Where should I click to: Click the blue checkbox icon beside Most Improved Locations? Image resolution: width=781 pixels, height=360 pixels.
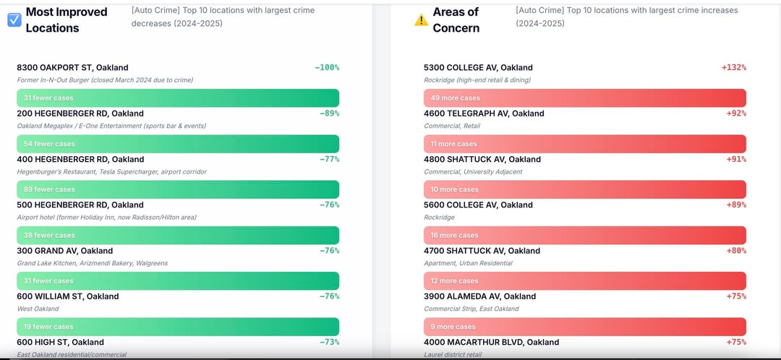pos(14,20)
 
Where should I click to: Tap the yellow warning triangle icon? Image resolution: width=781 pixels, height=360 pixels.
pos(421,20)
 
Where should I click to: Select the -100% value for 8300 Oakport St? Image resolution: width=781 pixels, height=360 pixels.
pos(327,67)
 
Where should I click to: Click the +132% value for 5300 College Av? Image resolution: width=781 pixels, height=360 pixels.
pos(733,67)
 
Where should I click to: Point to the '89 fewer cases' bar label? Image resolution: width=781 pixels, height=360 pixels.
pos(49,189)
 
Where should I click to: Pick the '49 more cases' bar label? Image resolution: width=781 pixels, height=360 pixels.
pos(455,98)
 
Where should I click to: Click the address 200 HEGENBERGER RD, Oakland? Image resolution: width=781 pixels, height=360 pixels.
pos(80,113)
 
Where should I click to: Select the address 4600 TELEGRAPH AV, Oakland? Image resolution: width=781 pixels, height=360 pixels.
pos(484,113)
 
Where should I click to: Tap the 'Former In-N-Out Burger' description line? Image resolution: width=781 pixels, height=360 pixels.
pos(105,80)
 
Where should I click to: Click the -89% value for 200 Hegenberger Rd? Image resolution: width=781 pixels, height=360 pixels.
pos(329,113)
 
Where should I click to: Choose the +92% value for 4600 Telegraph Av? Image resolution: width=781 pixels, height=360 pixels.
pos(735,113)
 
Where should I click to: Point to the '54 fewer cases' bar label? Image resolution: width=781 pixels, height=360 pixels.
pos(49,144)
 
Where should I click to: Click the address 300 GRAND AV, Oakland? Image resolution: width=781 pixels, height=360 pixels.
pos(64,251)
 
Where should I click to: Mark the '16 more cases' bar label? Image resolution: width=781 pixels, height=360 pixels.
pos(454,235)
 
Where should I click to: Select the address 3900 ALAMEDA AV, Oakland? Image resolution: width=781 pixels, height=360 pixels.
pos(479,296)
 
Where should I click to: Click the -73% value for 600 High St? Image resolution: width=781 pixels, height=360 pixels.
pos(329,342)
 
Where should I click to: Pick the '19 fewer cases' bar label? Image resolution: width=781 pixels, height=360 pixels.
pos(48,327)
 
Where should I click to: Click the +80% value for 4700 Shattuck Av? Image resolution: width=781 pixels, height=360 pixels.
pos(735,251)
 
